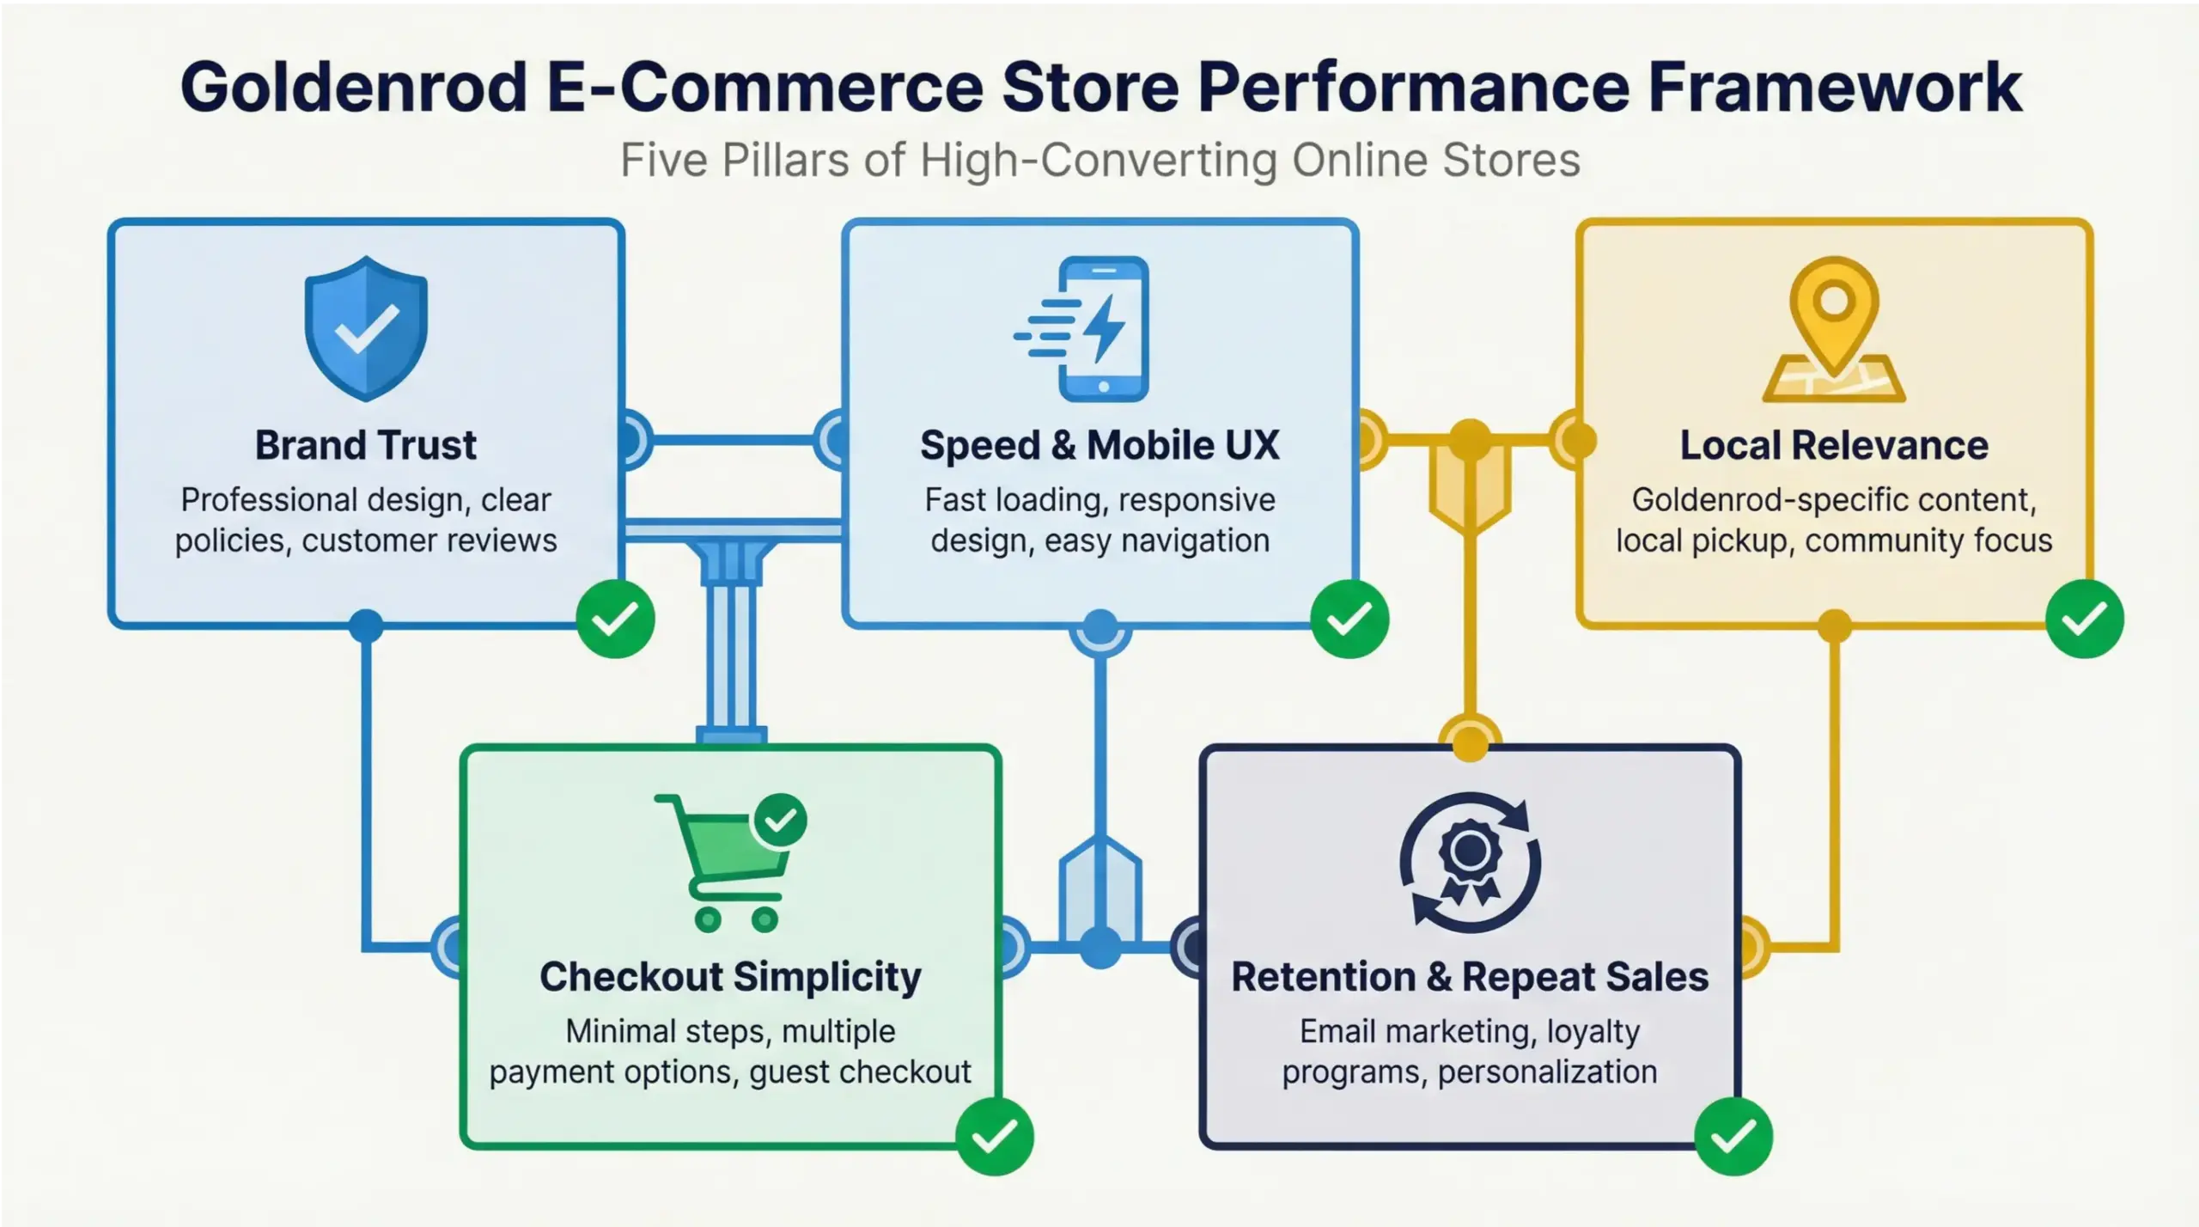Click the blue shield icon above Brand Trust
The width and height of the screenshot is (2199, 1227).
[x=366, y=328]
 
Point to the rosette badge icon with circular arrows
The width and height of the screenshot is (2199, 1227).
[x=1470, y=862]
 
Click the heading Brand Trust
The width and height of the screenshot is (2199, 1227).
[x=365, y=445]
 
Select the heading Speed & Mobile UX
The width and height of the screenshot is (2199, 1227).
[x=1099, y=445]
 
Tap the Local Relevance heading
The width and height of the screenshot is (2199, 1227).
[x=1834, y=445]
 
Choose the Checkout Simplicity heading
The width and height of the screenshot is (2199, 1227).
[x=730, y=977]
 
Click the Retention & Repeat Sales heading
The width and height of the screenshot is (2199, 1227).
[x=1470, y=977]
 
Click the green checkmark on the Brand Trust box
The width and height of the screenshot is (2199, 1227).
[x=615, y=620]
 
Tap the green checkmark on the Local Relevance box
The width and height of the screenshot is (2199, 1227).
[x=2084, y=620]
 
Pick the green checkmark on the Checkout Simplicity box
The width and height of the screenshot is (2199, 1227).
[x=994, y=1137]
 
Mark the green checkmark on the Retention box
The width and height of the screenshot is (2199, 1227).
[x=1733, y=1137]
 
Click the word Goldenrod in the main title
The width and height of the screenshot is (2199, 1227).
[x=353, y=88]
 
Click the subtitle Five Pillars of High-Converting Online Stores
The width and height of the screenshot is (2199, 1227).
[x=1099, y=160]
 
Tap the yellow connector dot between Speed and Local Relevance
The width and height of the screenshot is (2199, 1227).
[x=1470, y=440]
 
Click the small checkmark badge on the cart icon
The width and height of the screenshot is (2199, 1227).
[x=780, y=821]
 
